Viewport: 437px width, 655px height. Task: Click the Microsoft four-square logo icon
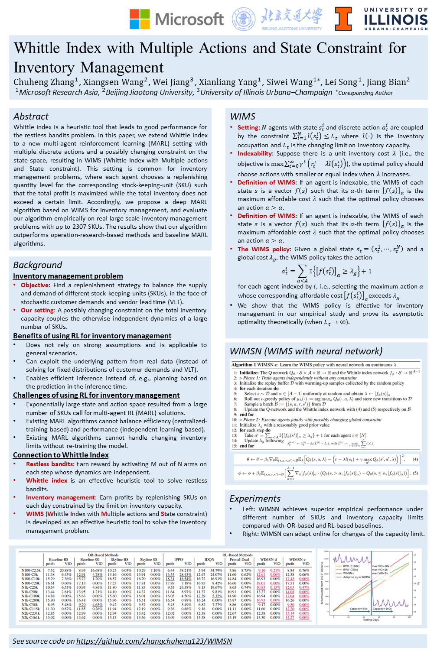[140, 19]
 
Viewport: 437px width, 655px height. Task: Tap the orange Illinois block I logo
[343, 19]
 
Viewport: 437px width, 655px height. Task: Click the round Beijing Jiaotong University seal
[244, 19]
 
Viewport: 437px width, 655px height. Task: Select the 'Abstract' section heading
[31, 117]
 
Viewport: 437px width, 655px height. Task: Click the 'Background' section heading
[37, 265]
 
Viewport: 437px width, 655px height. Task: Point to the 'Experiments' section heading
[255, 499]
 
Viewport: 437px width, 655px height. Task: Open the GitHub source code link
[154, 641]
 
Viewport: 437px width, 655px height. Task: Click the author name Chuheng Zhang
[44, 82]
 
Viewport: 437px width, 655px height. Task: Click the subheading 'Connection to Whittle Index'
[61, 455]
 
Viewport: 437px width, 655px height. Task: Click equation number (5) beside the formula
[415, 473]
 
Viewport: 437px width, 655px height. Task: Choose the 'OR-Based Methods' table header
[103, 555]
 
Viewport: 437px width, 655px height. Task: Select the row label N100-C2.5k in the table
[31, 571]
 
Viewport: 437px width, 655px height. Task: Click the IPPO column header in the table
[178, 559]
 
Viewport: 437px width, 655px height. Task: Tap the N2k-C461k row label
[30, 617]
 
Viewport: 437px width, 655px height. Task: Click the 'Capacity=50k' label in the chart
[359, 609]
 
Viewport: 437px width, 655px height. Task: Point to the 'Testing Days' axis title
[371, 619]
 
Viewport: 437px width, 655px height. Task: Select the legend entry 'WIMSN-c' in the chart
[349, 573]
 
